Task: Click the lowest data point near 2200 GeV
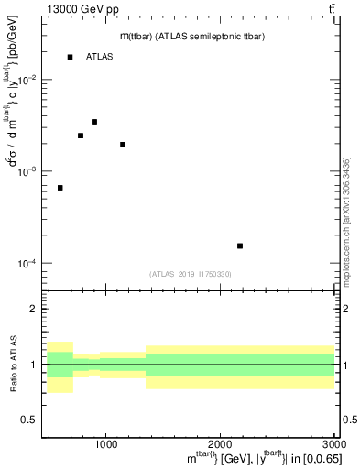click(x=240, y=245)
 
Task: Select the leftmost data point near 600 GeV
click(x=60, y=188)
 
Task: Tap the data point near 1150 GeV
click(x=123, y=145)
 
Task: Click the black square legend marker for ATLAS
click(x=70, y=57)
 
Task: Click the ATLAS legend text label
click(x=99, y=57)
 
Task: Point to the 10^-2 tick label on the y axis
click(x=26, y=80)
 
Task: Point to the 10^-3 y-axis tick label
click(x=26, y=171)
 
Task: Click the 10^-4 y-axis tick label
click(x=26, y=263)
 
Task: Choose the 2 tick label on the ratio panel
click(x=33, y=310)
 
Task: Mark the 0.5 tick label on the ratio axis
click(x=29, y=420)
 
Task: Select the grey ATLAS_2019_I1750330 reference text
click(x=190, y=274)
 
